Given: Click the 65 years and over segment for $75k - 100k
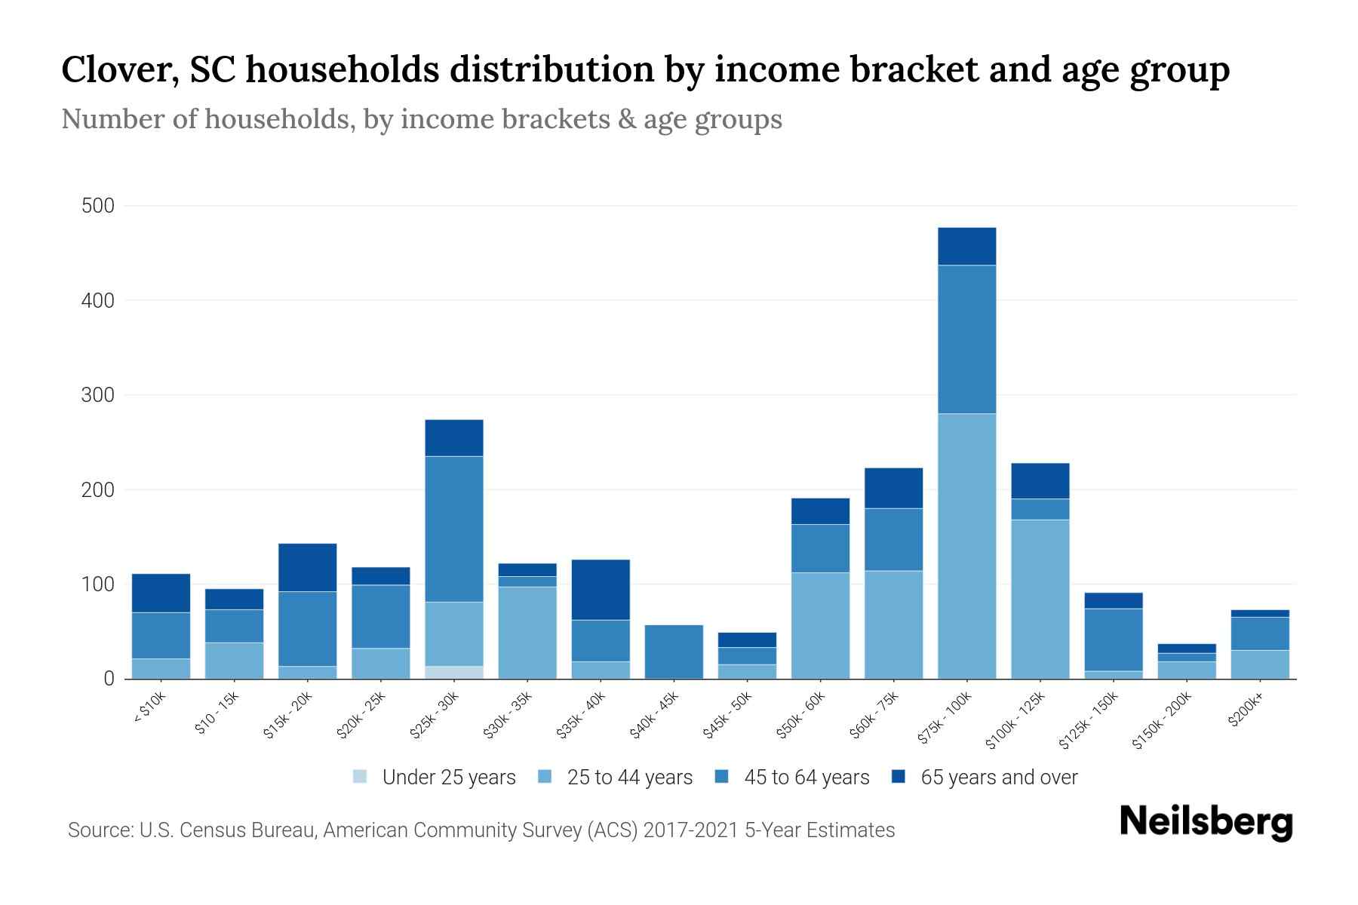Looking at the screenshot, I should (966, 247).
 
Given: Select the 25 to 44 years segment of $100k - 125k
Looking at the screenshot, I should (1040, 599).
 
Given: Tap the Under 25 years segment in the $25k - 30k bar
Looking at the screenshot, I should (453, 672).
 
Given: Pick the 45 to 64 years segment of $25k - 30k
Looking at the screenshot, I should (453, 529).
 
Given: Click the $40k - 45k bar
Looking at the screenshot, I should (674, 652).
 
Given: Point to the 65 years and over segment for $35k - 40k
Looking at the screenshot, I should (601, 590).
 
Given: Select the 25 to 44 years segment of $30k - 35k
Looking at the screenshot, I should (527, 632).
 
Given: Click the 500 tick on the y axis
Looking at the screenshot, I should (97, 206).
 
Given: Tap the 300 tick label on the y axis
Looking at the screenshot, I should (97, 395).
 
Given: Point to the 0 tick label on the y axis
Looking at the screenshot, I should (109, 679).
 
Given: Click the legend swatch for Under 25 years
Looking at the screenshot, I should (360, 777).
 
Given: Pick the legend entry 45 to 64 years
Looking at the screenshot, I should (807, 777).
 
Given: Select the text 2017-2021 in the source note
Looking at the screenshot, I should (690, 830).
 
